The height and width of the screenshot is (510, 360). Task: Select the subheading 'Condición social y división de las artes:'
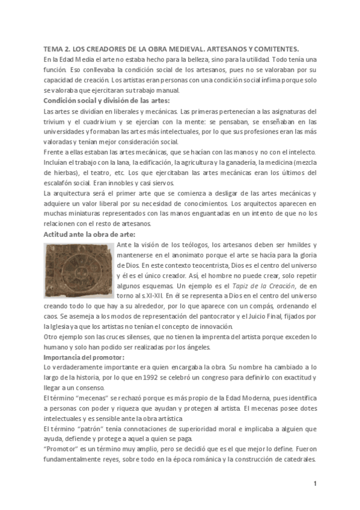point(107,100)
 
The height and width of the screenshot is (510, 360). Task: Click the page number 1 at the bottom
point(314,483)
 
